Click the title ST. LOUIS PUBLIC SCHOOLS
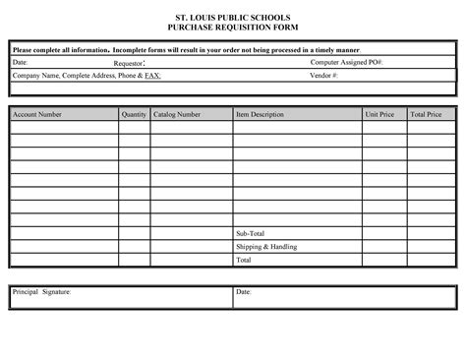232,19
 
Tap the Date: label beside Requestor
20,62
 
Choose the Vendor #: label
324,75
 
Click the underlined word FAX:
153,75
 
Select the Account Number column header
37,115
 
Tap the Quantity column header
134,115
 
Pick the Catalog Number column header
177,115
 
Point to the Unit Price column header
379,115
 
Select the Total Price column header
426,115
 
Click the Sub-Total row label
251,233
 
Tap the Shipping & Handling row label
266,247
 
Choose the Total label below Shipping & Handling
244,261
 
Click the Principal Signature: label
42,292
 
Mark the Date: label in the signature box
244,292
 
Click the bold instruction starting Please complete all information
185,49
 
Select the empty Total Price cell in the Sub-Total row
430,233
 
